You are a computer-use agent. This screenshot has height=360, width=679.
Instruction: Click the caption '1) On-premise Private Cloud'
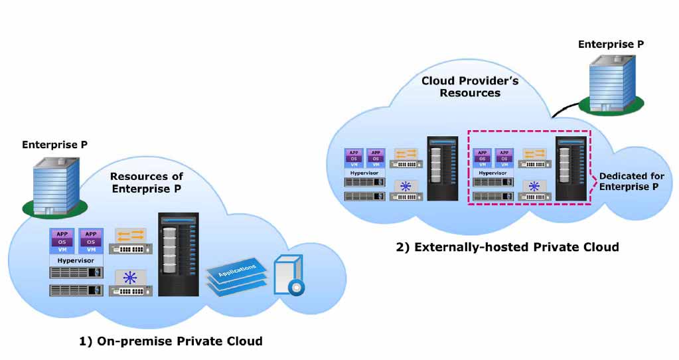click(x=171, y=341)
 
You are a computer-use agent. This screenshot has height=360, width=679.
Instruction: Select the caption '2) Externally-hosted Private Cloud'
click(x=507, y=247)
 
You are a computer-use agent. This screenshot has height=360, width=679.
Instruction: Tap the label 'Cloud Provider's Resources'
click(x=470, y=86)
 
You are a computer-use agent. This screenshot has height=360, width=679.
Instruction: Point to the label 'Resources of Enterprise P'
click(x=147, y=183)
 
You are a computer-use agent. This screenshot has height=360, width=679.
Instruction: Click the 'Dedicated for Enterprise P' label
click(x=631, y=181)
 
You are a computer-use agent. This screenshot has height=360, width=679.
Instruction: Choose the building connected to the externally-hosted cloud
click(x=612, y=84)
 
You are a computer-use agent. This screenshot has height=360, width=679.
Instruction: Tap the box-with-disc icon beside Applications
click(x=289, y=275)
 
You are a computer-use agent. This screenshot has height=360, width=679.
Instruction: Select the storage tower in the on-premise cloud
click(x=179, y=254)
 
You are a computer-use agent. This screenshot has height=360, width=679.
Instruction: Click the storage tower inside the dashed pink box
click(x=571, y=169)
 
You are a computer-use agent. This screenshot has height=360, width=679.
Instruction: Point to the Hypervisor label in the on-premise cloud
click(x=76, y=260)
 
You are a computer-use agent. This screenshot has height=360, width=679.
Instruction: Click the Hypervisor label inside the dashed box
click(x=492, y=173)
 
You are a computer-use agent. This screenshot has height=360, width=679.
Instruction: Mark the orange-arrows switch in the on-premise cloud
click(x=130, y=241)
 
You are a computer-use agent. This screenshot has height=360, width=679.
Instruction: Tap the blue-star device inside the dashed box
click(x=534, y=190)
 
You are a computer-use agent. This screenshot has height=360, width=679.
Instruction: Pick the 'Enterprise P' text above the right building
click(x=611, y=45)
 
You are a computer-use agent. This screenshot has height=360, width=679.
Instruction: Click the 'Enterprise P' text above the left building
click(x=54, y=145)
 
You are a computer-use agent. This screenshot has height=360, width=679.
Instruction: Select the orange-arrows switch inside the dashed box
click(x=534, y=158)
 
